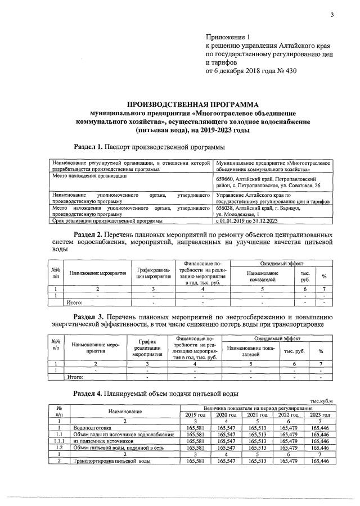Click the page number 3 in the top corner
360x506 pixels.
coord(332,15)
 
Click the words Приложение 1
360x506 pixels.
coord(228,37)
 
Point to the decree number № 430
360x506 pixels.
coord(284,71)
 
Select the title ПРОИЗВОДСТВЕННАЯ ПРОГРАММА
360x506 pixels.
coord(192,105)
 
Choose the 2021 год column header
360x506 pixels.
coord(256,414)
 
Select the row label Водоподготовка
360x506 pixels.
coord(92,428)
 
